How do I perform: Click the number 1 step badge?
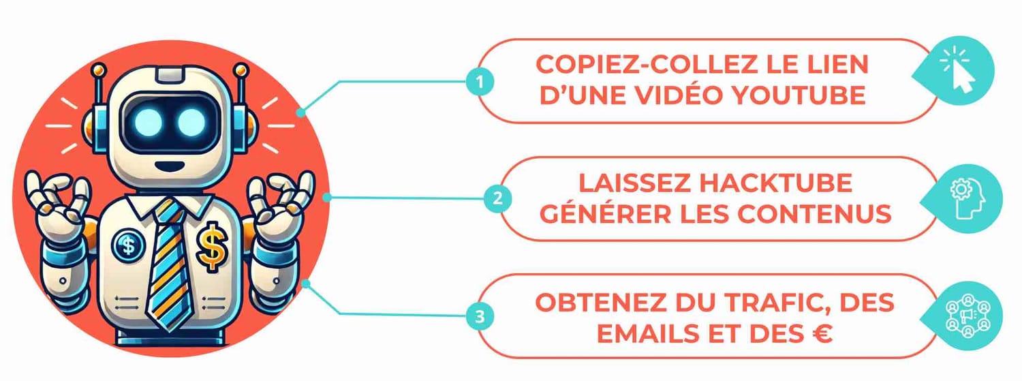coord(480,82)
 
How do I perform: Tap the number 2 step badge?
coord(498,198)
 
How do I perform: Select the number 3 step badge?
coord(480,316)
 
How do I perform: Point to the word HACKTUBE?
coord(776,183)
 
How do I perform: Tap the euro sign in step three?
coord(822,333)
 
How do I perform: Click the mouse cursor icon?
coord(959,73)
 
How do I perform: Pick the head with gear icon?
coord(967,199)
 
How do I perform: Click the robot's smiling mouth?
coord(169,166)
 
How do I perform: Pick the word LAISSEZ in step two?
coord(635,183)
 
